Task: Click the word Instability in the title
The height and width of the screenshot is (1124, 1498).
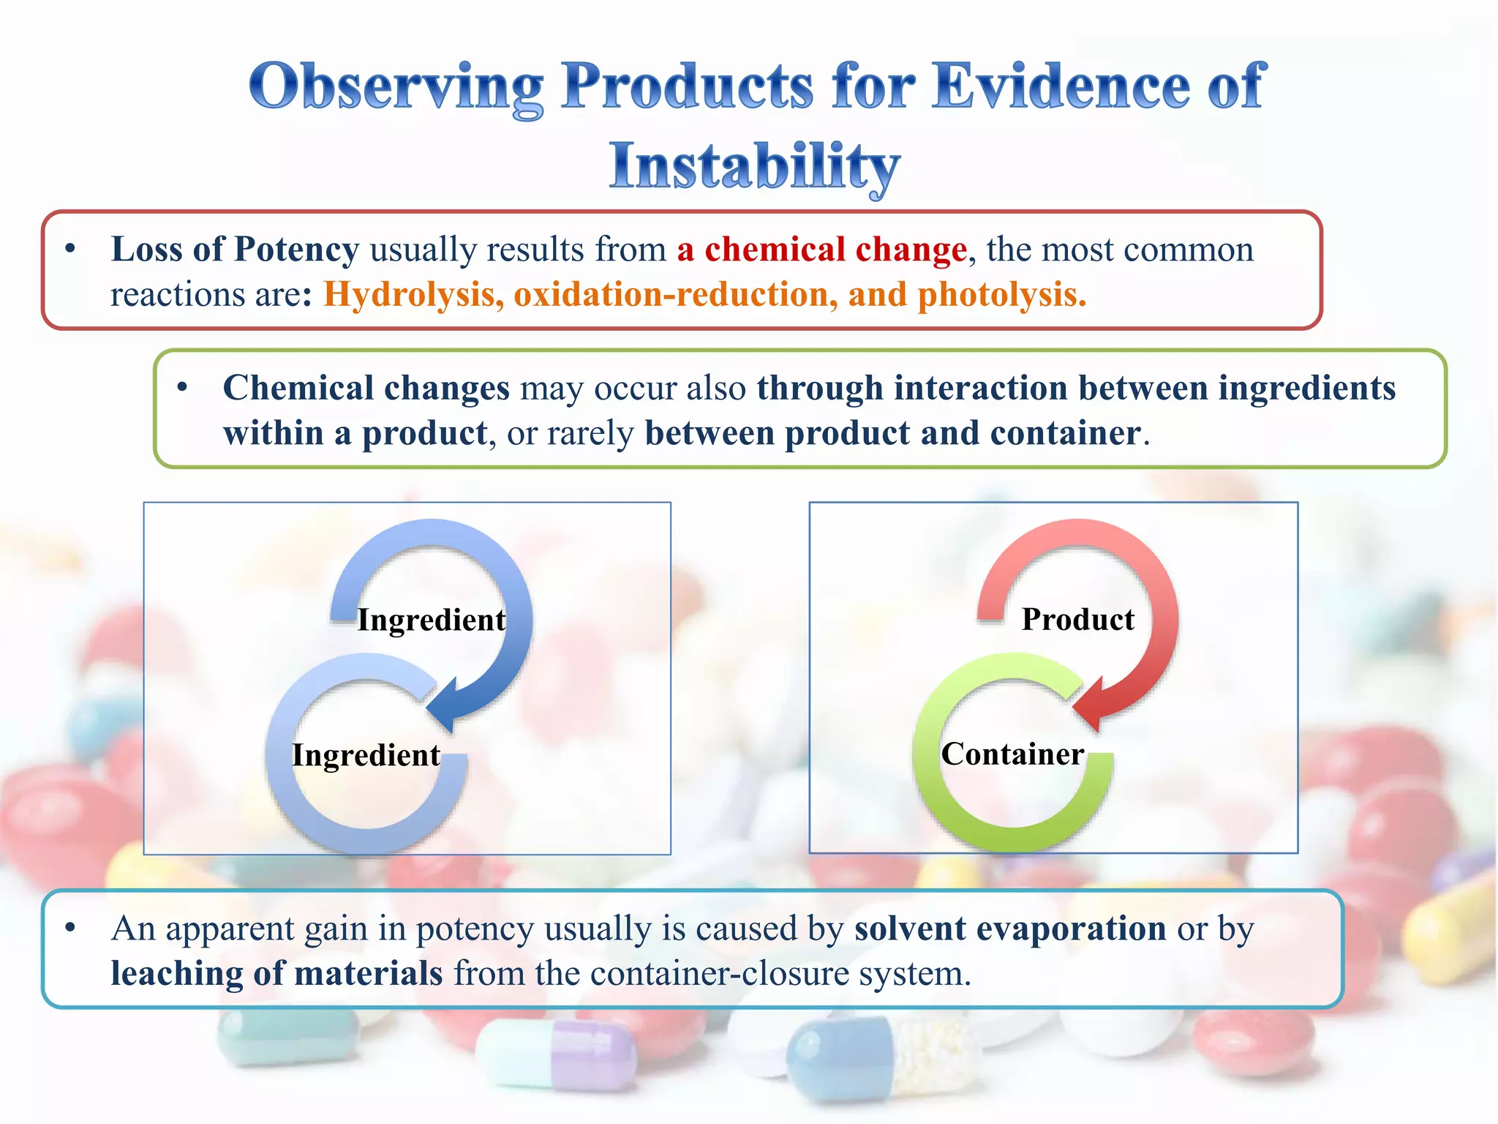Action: tap(754, 167)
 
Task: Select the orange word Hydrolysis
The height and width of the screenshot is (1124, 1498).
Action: tap(413, 295)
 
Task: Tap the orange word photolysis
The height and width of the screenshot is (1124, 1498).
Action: tap(1001, 295)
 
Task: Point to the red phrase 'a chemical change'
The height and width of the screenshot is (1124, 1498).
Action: tap(821, 250)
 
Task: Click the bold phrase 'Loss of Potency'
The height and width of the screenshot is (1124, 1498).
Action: tap(235, 250)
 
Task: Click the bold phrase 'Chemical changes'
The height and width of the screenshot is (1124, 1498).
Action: tap(366, 388)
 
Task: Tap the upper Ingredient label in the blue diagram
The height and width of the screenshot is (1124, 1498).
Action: tap(431, 620)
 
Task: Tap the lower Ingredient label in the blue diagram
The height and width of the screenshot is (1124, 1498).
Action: tap(366, 755)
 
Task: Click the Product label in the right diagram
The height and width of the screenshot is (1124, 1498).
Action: tap(1077, 620)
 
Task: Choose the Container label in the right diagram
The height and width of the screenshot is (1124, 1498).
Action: tap(1012, 754)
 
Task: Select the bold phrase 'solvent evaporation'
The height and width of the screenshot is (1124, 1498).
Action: tap(1009, 929)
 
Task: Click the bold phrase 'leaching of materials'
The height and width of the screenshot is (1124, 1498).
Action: tap(276, 974)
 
